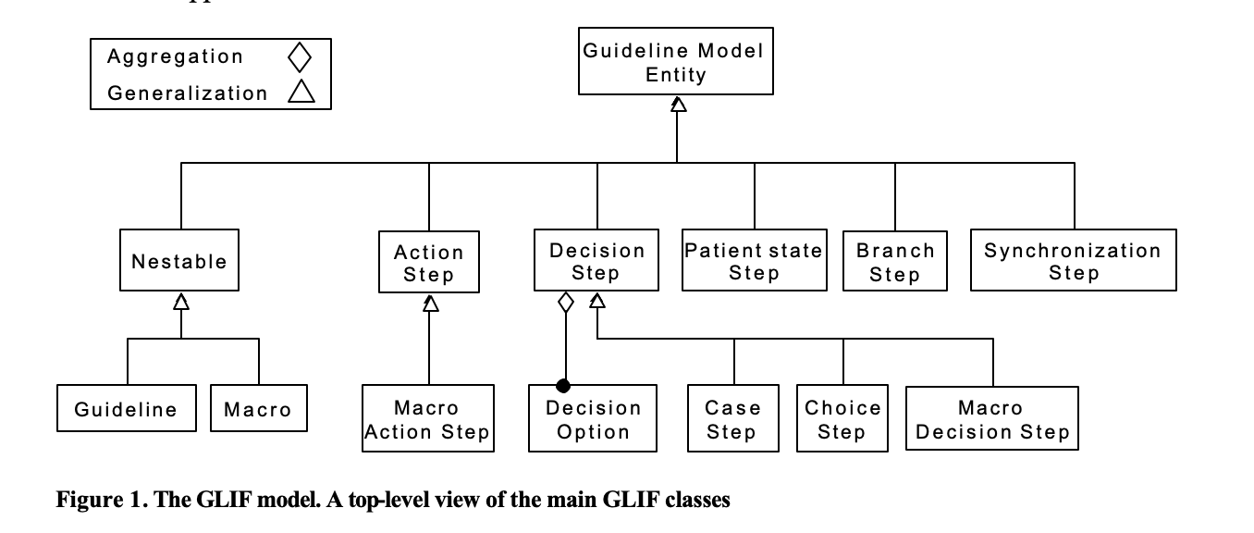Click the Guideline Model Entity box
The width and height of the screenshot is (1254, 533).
(x=676, y=61)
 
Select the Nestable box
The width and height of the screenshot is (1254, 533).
(x=179, y=260)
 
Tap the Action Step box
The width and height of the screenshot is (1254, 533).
(x=429, y=262)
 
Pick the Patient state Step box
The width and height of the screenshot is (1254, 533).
(x=754, y=260)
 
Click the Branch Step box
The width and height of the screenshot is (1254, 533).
(x=895, y=260)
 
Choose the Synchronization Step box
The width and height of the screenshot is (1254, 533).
(x=1073, y=260)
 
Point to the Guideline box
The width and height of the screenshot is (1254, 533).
(x=127, y=407)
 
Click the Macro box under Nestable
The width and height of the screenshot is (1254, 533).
(x=259, y=407)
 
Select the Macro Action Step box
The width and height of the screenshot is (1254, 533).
(x=427, y=417)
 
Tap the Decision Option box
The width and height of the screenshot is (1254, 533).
(x=592, y=417)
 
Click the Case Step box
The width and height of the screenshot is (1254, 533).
(x=732, y=417)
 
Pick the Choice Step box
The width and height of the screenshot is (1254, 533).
(x=842, y=417)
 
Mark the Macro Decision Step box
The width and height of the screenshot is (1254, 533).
(x=992, y=417)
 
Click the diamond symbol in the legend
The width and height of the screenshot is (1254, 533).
(x=300, y=57)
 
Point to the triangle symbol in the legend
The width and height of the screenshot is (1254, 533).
(x=301, y=92)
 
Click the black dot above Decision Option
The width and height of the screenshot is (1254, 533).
(x=563, y=386)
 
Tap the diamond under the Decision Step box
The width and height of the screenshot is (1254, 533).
(x=565, y=303)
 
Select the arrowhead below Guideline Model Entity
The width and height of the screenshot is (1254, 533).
(x=678, y=105)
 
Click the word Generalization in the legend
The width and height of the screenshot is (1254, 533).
(x=188, y=93)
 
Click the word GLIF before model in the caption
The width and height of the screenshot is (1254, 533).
(x=223, y=499)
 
